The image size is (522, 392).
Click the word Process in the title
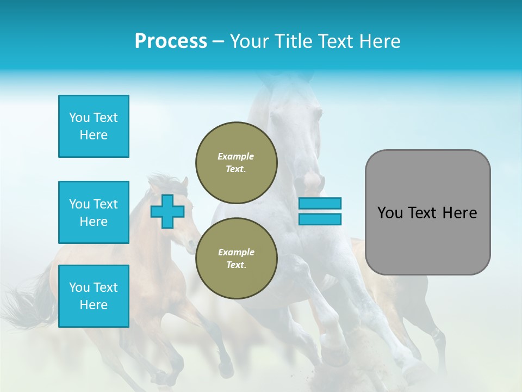pyautogui.click(x=171, y=41)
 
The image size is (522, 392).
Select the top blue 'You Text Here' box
pyautogui.click(x=94, y=126)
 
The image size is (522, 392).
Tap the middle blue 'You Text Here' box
pyautogui.click(x=94, y=212)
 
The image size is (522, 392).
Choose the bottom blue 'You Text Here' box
pyautogui.click(x=94, y=296)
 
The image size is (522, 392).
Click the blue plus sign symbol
pyautogui.click(x=167, y=211)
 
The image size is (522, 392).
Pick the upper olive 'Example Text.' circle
pyautogui.click(x=237, y=162)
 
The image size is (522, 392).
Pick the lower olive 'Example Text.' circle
pyautogui.click(x=237, y=258)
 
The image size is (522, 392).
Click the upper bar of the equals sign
pyautogui.click(x=320, y=204)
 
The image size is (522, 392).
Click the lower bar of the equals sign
pyautogui.click(x=320, y=219)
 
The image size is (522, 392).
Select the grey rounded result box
pyautogui.click(x=427, y=240)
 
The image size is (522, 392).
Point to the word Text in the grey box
pyautogui.click(x=422, y=213)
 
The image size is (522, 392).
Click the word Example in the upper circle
pyautogui.click(x=236, y=156)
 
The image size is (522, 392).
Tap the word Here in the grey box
pyautogui.click(x=459, y=213)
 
